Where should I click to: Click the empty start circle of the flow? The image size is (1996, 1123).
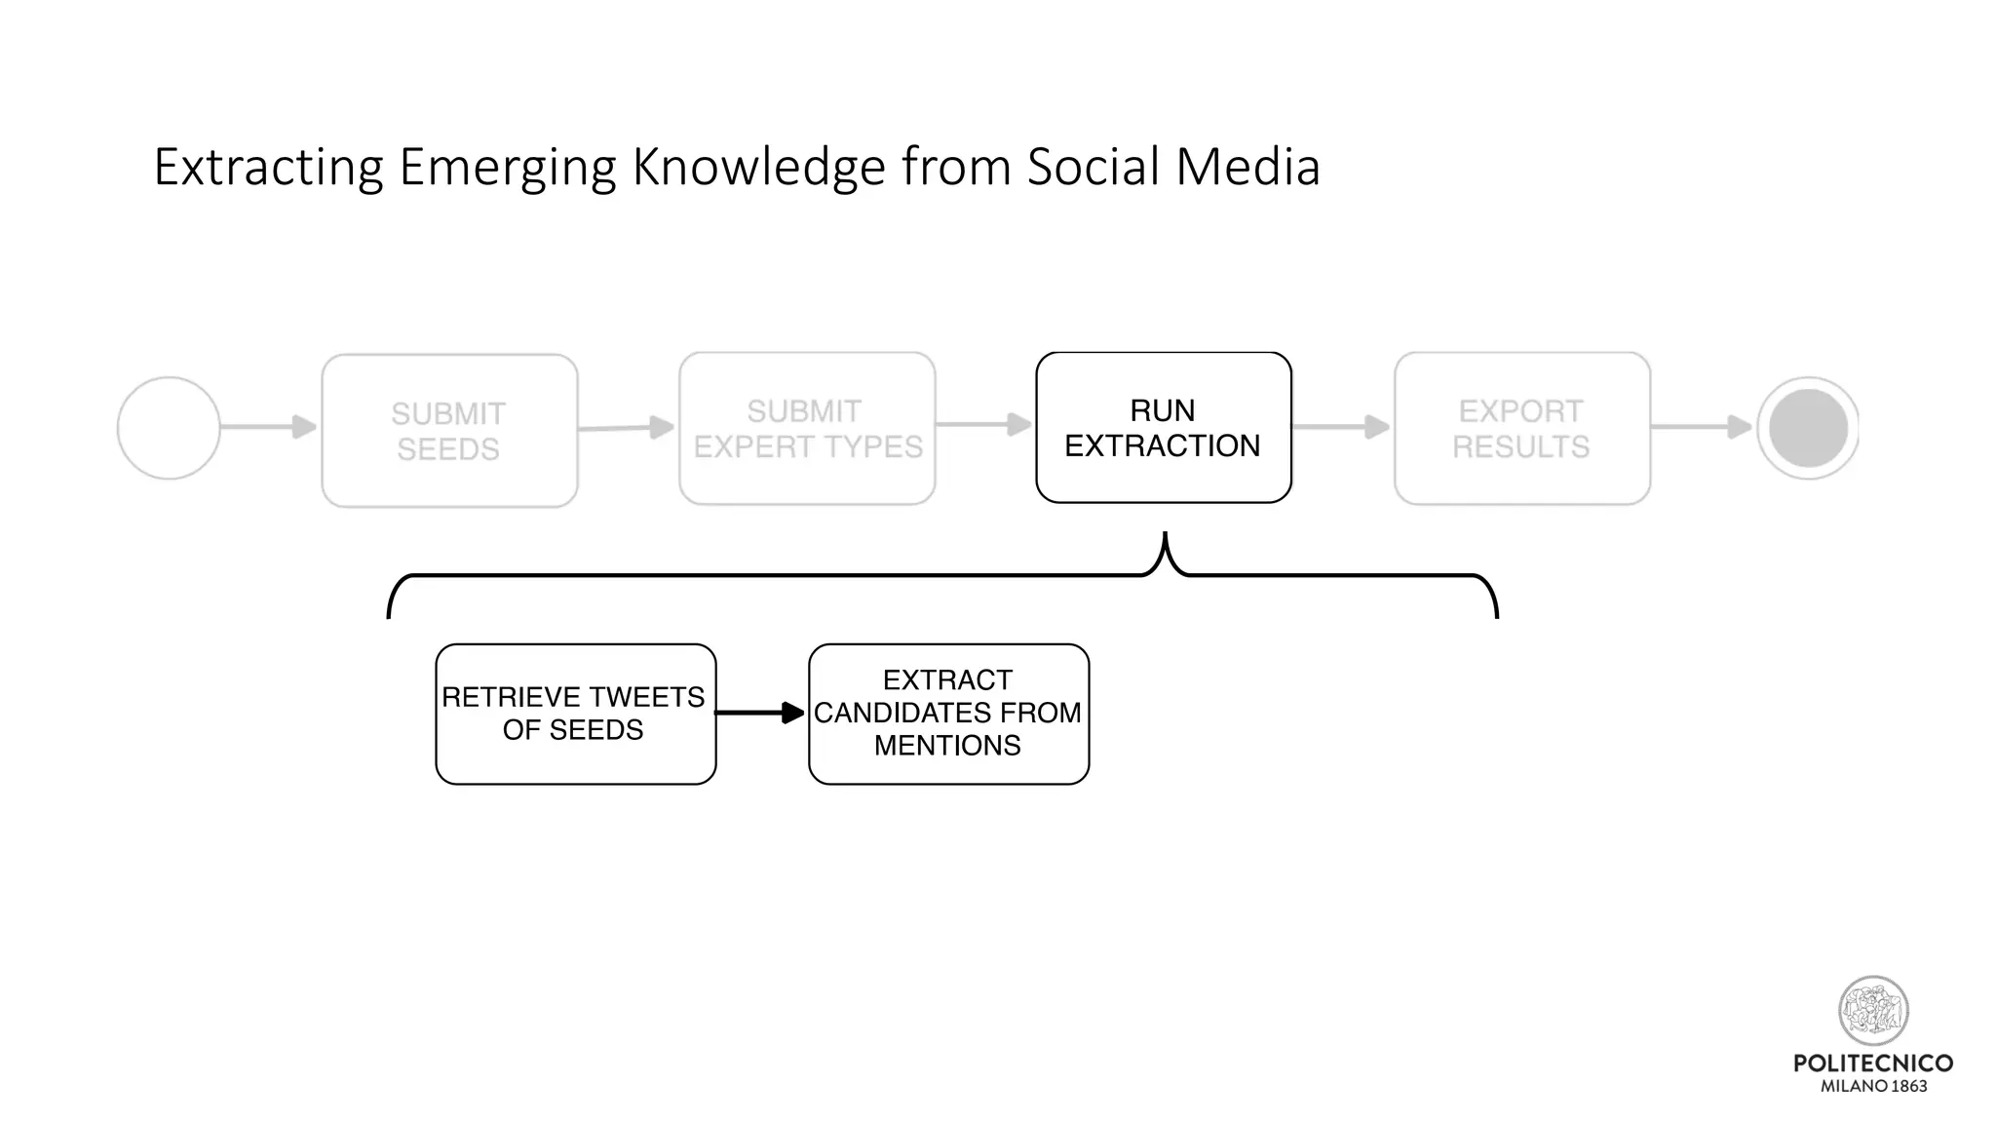[x=169, y=428]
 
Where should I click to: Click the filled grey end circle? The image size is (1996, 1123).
[x=1808, y=428]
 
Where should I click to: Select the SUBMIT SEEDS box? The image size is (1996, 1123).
[x=449, y=430]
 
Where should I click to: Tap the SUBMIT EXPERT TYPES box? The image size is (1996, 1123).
[x=807, y=428]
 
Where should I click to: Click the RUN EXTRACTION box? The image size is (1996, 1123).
[x=1163, y=428]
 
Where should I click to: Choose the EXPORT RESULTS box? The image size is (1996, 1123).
[x=1521, y=428]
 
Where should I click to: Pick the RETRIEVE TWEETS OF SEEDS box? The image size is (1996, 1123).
[x=575, y=714]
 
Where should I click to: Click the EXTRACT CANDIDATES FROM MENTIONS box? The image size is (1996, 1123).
[x=948, y=714]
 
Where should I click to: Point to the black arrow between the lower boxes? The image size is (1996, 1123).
[x=761, y=714]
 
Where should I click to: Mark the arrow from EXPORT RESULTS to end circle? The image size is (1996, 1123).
[x=1702, y=426]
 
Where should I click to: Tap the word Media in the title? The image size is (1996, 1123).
[x=1247, y=167]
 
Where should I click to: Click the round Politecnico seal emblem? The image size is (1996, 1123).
[x=1872, y=1011]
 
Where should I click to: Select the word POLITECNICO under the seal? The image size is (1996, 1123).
[x=1872, y=1063]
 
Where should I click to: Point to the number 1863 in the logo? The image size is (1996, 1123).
[x=1908, y=1086]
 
